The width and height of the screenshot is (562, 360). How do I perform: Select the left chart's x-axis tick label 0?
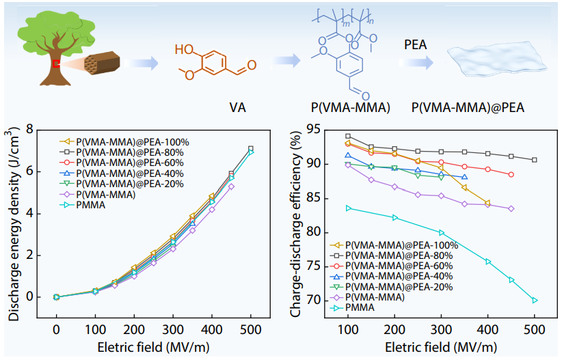point(57,328)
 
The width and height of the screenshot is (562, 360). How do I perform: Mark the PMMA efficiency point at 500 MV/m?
point(535,300)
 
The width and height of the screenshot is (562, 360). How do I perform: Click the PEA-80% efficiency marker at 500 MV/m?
point(535,160)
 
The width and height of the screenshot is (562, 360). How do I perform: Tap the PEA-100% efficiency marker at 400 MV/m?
point(487,202)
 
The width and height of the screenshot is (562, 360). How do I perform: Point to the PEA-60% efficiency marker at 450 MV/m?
point(511,175)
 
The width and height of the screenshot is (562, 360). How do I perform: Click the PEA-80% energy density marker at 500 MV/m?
point(251,148)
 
